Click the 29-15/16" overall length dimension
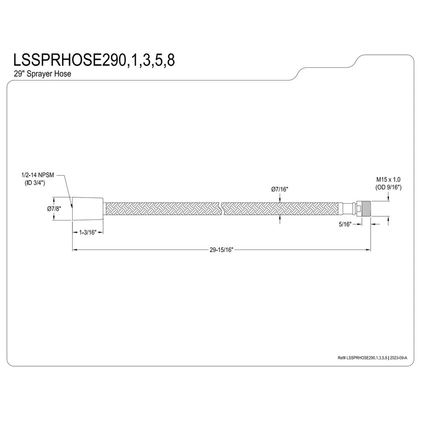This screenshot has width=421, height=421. click(221, 250)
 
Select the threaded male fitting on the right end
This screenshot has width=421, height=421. click(365, 208)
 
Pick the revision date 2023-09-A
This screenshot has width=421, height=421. click(403, 357)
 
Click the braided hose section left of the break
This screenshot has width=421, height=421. click(163, 208)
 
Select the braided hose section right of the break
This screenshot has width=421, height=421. click(289, 208)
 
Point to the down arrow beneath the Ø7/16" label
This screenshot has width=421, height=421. click(280, 198)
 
